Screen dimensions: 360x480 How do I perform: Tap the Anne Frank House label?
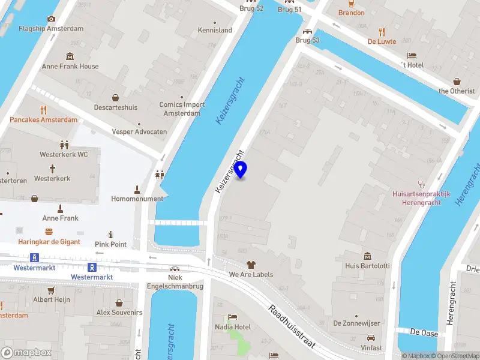click(71, 67)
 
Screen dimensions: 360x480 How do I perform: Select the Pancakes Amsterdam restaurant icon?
click(43, 109)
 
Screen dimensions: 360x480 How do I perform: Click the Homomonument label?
click(137, 199)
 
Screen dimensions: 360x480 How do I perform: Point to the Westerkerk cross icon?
click(52, 169)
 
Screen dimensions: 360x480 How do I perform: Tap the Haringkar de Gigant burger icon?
click(49, 232)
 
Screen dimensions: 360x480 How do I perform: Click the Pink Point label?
click(111, 244)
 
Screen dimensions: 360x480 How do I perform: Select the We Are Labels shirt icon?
click(251, 265)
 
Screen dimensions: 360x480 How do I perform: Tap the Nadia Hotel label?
click(233, 327)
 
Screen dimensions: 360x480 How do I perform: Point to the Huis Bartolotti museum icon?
click(367, 256)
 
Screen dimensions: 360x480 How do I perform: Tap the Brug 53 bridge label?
click(307, 40)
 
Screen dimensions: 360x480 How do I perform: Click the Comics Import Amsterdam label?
click(182, 109)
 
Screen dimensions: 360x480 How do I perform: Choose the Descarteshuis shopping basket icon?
click(115, 98)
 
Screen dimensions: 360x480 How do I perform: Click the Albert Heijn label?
click(52, 299)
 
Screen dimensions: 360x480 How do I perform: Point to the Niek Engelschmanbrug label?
click(175, 281)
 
